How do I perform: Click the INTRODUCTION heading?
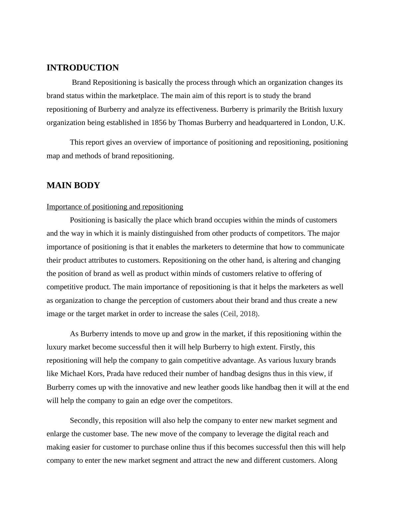coord(83,68)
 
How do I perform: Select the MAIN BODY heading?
coord(73,186)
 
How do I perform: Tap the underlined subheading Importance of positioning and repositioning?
coord(115,207)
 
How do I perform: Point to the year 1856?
coord(159,123)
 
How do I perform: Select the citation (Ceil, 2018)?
coord(240,314)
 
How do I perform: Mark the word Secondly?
coord(85,421)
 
